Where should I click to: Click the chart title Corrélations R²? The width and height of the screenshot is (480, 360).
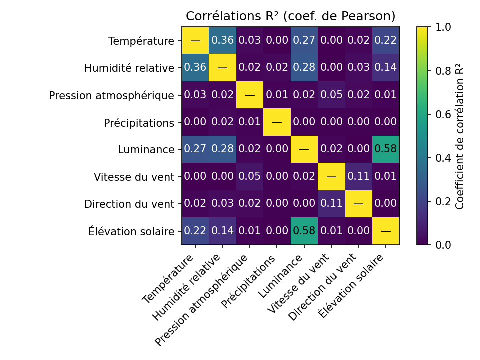[290, 16]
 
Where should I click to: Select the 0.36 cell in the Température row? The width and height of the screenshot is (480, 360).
[222, 40]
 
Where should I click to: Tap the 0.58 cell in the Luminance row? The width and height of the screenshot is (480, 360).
[385, 149]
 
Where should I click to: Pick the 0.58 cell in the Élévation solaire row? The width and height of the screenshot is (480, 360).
[304, 231]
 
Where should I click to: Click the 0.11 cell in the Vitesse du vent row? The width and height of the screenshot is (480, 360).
[358, 176]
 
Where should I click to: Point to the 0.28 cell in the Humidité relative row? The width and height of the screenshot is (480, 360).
[304, 67]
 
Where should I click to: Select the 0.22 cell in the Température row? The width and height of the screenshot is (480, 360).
[385, 40]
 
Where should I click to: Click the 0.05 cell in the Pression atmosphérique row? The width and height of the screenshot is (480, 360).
[331, 95]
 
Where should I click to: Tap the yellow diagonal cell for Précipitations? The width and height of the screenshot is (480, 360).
[277, 122]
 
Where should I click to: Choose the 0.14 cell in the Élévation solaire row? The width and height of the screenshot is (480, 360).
[222, 231]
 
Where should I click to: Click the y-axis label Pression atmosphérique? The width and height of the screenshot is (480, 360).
[111, 95]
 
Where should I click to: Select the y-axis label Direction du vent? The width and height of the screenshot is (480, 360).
[129, 204]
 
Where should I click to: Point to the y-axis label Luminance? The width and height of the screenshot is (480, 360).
[146, 149]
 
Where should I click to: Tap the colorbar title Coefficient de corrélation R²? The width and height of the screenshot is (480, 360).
[460, 136]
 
